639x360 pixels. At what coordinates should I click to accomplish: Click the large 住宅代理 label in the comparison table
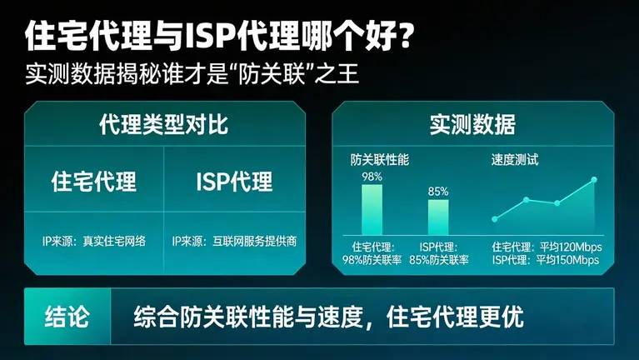(94, 181)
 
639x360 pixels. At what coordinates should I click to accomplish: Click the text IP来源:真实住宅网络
(94, 241)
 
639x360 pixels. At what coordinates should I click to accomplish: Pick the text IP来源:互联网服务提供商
(234, 241)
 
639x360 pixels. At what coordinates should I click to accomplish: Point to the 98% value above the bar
(372, 177)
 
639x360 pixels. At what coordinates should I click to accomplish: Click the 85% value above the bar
(438, 192)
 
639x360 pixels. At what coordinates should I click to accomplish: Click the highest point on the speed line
(594, 179)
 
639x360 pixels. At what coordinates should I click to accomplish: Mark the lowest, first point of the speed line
(495, 219)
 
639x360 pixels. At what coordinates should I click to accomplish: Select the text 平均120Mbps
(570, 247)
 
